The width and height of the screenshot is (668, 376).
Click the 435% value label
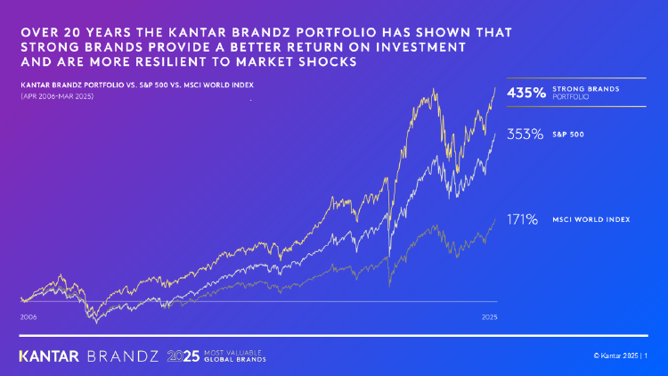525,92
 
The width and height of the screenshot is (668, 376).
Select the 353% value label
525,135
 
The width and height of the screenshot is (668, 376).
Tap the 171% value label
523,219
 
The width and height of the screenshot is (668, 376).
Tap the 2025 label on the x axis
489,316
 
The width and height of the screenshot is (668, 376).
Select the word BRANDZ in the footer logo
124,356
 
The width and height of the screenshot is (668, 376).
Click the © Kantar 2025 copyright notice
615,356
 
